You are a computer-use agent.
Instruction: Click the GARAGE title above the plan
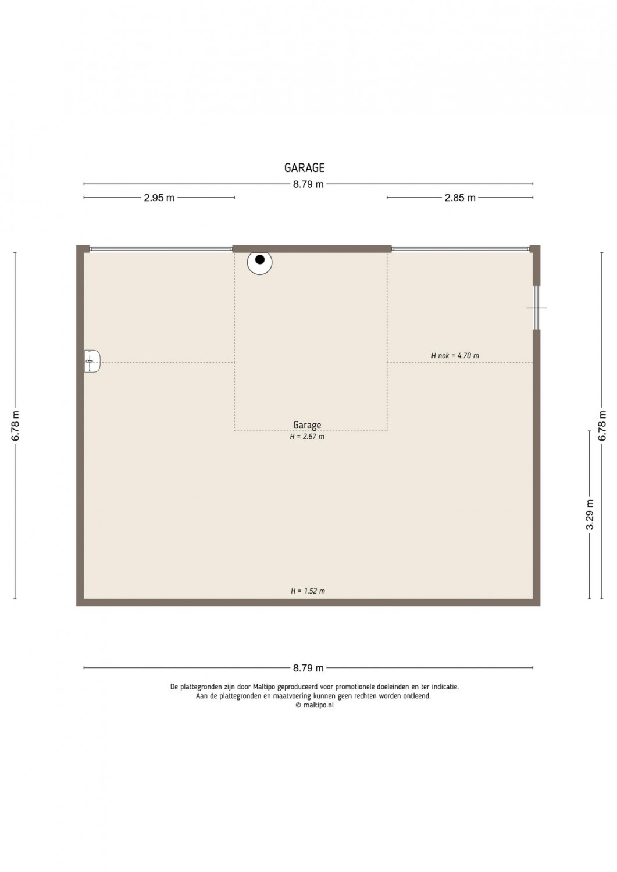click(304, 168)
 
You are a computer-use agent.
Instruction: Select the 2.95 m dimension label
click(159, 198)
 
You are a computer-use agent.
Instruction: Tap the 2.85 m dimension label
click(460, 198)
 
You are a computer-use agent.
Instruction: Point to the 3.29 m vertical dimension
click(590, 514)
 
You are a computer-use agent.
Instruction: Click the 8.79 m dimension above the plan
click(308, 184)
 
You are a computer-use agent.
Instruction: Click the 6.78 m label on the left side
click(16, 426)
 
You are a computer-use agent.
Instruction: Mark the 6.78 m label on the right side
click(602, 426)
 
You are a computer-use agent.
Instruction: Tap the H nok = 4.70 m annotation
click(455, 355)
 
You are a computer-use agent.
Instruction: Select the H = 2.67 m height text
click(307, 437)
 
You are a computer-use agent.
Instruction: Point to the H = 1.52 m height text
click(308, 591)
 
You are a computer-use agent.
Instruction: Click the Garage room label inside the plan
click(307, 425)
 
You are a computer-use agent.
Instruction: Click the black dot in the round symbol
click(260, 259)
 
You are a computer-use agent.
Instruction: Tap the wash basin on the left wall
click(92, 361)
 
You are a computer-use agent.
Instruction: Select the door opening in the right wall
click(536, 307)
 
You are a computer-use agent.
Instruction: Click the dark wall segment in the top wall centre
click(312, 249)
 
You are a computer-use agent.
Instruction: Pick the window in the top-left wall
click(161, 249)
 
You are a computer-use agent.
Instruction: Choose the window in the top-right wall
click(461, 249)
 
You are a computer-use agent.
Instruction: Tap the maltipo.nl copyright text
click(315, 705)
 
